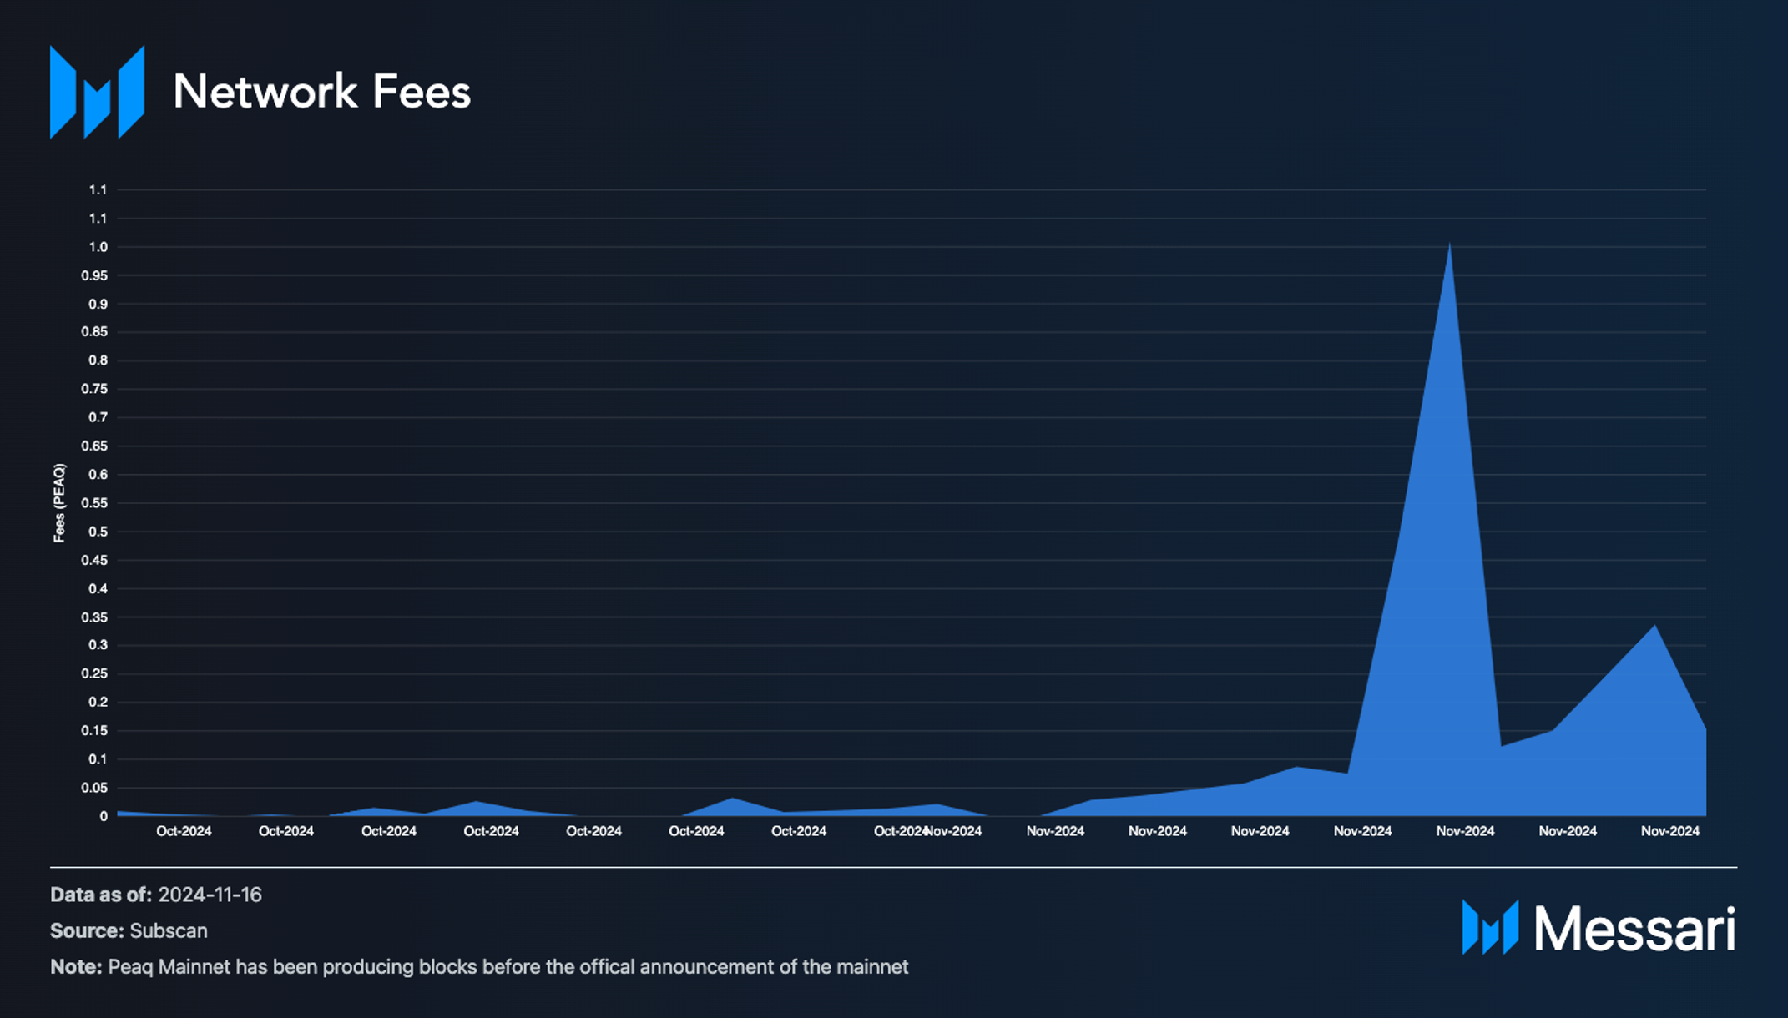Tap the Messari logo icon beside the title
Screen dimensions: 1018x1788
97,92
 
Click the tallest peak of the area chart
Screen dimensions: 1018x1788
1449,247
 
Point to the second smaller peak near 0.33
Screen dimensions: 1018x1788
1654,627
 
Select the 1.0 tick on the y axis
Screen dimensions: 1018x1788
98,247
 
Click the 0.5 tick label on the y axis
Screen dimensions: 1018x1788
98,532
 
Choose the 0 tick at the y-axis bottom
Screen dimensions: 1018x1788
104,816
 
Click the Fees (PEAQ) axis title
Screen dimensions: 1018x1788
59,503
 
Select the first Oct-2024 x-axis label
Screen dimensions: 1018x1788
184,831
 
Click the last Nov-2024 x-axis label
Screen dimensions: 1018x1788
1669,831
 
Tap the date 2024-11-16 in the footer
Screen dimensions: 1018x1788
210,895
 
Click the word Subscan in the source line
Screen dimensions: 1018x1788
169,930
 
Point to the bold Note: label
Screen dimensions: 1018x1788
76,967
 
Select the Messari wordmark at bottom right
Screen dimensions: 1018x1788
1634,928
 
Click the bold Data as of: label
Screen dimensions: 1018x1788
101,895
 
